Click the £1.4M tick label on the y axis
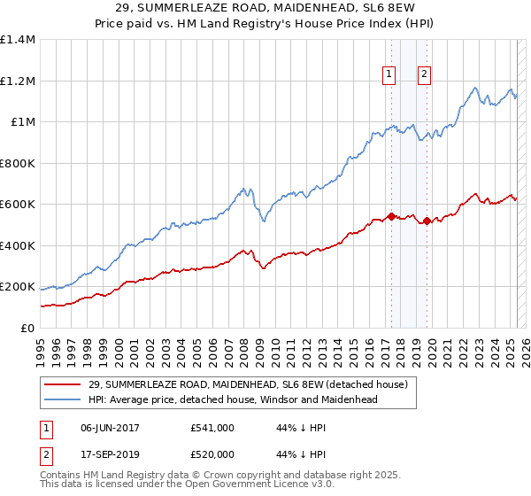(x=17, y=40)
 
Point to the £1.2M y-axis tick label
(x=17, y=81)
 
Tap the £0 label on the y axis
(x=27, y=329)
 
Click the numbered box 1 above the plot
(x=389, y=74)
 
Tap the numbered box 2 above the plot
(x=425, y=74)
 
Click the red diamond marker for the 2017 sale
(x=390, y=216)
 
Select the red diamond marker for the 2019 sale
(x=427, y=221)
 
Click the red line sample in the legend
(x=62, y=385)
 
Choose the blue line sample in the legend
(x=62, y=399)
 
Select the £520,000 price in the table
(x=212, y=453)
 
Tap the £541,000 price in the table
(x=212, y=427)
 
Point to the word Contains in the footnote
(x=62, y=476)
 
